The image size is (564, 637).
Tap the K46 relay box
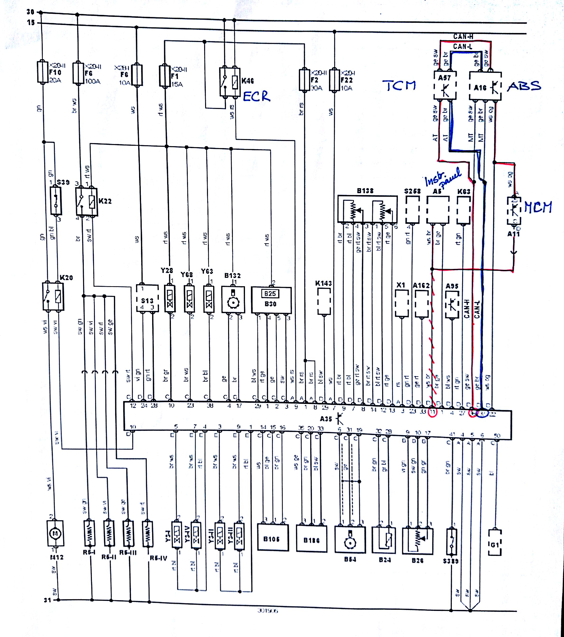(230, 82)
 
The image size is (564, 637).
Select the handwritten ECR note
(256, 97)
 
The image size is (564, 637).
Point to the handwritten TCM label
(399, 85)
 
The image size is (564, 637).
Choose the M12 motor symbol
(55, 534)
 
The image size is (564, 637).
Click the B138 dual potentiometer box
(367, 209)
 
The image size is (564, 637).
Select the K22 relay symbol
(86, 202)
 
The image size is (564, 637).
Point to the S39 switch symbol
(56, 201)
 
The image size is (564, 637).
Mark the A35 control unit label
(326, 419)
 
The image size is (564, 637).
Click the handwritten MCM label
(538, 207)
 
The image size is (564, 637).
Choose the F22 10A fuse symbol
(334, 80)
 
